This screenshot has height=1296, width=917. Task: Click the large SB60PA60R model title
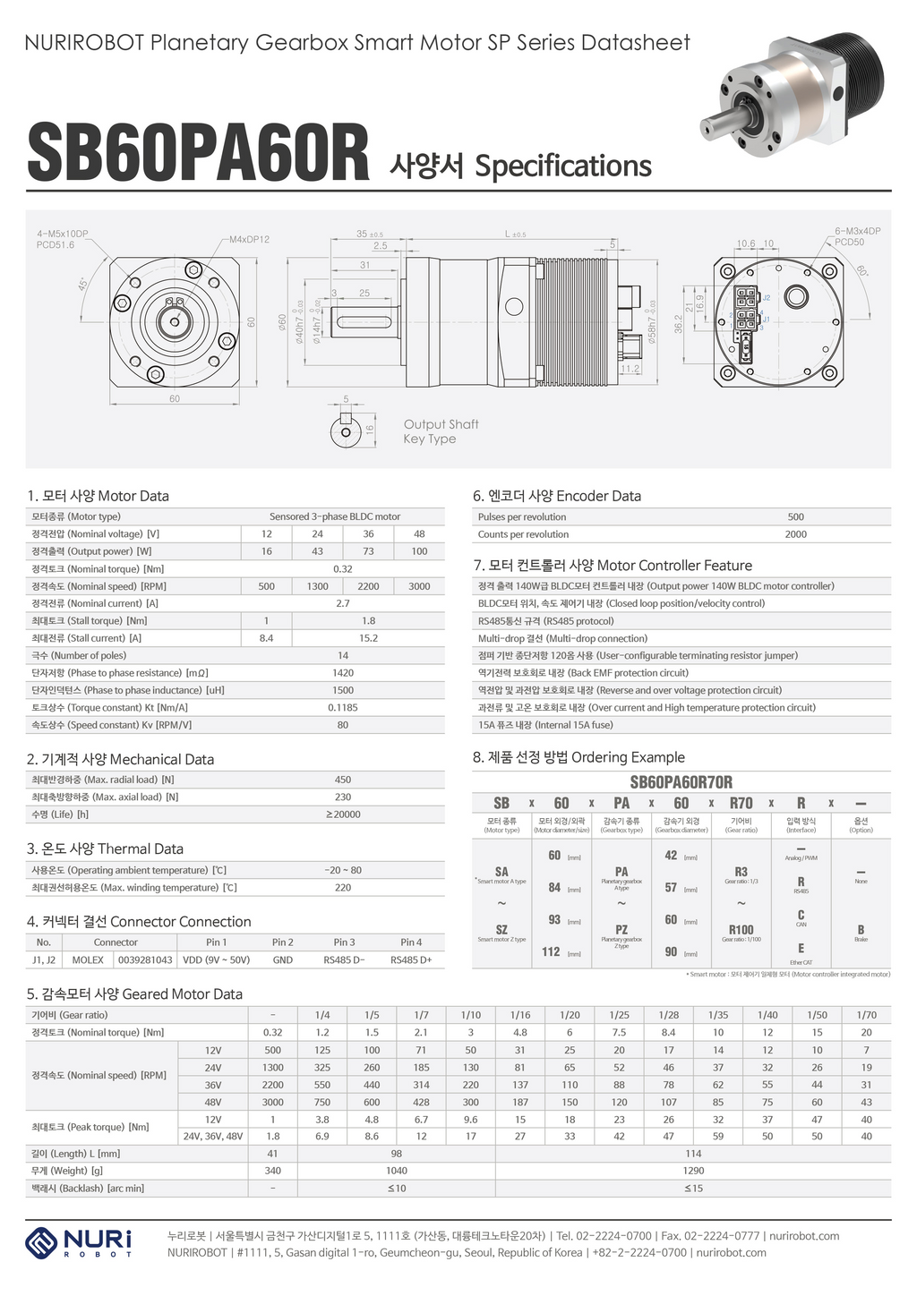(198, 153)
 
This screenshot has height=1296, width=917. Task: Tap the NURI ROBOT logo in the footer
(80, 1243)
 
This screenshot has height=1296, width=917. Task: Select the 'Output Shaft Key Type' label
(441, 431)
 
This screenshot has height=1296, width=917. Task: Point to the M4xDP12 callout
(249, 239)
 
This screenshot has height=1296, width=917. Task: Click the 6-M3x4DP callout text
(857, 231)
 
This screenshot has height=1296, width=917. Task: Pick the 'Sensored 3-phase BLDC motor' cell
(335, 516)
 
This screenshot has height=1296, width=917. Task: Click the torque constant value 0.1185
(343, 707)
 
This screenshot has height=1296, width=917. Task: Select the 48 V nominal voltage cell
(419, 533)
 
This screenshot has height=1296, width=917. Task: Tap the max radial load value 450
(343, 780)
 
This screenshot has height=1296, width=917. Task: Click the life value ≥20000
(343, 814)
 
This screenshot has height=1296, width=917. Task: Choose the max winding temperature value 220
(343, 888)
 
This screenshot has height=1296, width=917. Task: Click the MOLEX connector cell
(88, 959)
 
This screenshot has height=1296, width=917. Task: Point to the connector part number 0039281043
(145, 959)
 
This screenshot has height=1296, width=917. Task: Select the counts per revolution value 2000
(795, 534)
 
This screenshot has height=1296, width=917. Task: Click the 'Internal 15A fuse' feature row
(545, 725)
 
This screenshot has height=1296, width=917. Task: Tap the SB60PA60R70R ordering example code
(681, 781)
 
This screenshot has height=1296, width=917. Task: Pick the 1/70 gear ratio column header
(866, 1015)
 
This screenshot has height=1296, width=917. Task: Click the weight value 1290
(693, 1171)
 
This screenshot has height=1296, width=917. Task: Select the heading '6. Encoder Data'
(557, 496)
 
